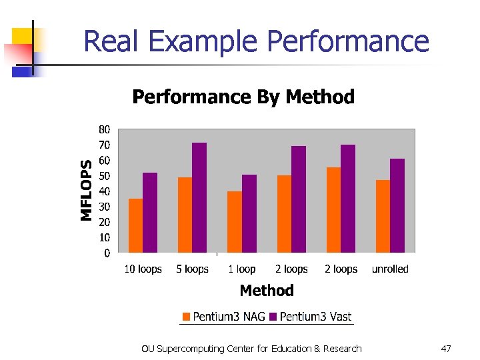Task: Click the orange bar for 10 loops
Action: tap(135, 225)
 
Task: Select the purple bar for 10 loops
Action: tap(150, 213)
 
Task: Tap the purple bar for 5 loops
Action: tap(199, 197)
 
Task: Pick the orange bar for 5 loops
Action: tap(185, 215)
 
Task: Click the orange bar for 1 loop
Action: tap(234, 222)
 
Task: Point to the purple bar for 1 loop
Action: tap(249, 213)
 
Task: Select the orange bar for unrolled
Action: tap(383, 216)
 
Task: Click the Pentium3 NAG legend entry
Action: tap(224, 317)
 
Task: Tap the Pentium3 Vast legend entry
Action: tap(311, 317)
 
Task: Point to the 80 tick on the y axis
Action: tap(105, 129)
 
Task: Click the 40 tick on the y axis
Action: tap(105, 191)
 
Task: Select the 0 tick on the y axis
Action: tap(107, 253)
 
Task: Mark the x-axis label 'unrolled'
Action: tap(390, 269)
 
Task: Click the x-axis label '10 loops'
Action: tap(143, 269)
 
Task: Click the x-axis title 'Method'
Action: tap(267, 291)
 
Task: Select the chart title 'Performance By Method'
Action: tap(243, 97)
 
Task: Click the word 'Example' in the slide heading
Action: tap(205, 41)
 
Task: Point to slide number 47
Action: tap(447, 349)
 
